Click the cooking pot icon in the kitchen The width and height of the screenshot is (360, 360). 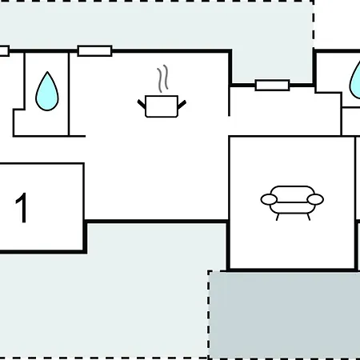[162, 106]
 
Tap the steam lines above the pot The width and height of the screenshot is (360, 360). [163, 78]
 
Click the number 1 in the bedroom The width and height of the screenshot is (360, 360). [21, 207]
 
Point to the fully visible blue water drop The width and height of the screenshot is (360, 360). [47, 92]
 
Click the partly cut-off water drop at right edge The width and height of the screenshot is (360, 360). [355, 80]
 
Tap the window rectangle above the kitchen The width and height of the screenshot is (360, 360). [94, 50]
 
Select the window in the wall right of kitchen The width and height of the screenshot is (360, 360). [272, 86]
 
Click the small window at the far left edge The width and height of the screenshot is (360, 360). [4, 50]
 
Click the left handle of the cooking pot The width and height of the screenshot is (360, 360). [142, 104]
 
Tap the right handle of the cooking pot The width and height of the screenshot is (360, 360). [182, 105]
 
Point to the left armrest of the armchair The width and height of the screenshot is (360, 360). [269, 199]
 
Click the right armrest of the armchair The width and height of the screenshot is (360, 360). [315, 199]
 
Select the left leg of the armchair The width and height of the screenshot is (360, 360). [278, 217]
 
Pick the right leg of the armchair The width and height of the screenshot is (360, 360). [309, 217]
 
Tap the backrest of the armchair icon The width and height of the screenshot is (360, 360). [292, 190]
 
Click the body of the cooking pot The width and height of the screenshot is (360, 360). [162, 106]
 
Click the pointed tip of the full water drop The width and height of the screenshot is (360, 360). [47, 72]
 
